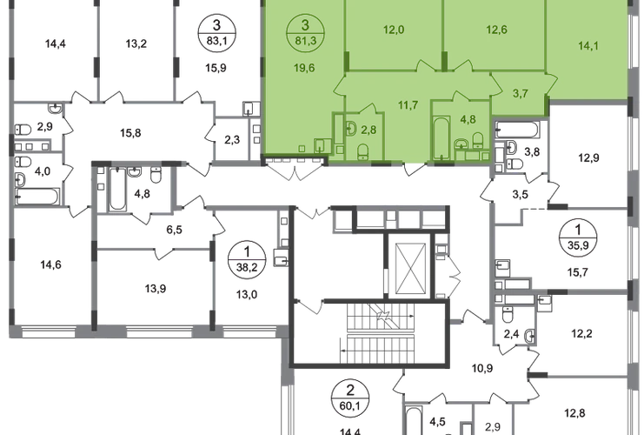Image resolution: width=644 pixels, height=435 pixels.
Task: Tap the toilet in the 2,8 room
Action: coord(363,151)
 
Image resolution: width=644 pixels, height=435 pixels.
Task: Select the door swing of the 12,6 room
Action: coord(457,65)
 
